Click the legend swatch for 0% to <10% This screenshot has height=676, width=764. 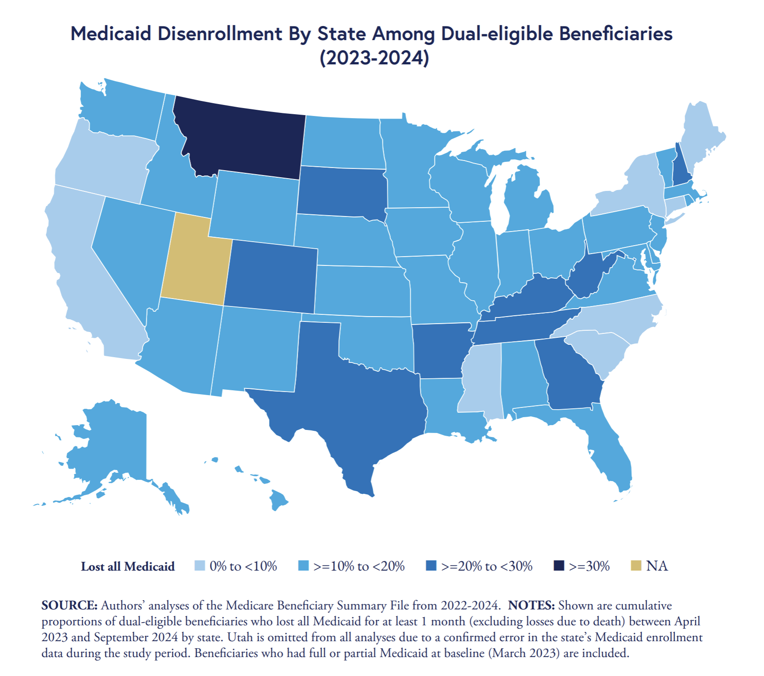pos(200,566)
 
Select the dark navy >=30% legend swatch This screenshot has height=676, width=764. pos(559,566)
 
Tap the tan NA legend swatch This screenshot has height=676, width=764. pos(636,566)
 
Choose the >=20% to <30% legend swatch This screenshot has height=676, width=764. pos(431,566)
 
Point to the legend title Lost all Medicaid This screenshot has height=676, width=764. pos(128,566)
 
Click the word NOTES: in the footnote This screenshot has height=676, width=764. pos(531,605)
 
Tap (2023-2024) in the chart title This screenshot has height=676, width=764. pos(374,58)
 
